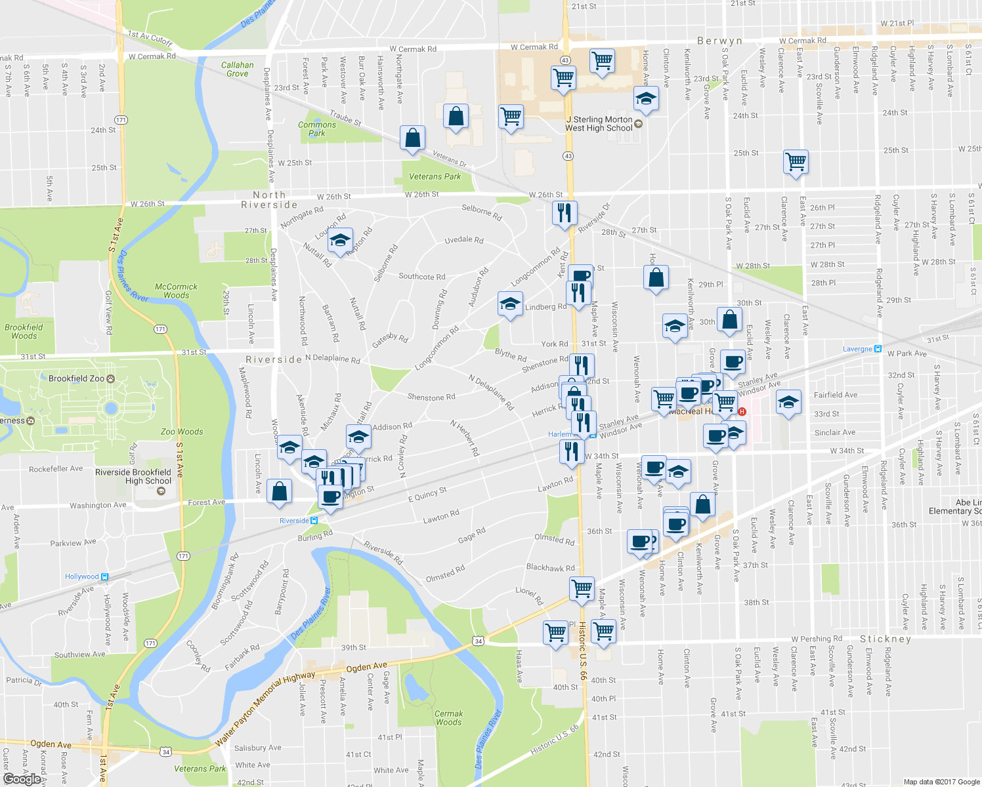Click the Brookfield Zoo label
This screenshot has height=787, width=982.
coord(77,378)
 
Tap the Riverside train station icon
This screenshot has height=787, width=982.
coord(314,521)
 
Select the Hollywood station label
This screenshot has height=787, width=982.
coord(82,576)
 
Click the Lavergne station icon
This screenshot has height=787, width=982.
coord(878,349)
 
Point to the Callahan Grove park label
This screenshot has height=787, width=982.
coord(237,70)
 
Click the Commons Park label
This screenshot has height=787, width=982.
coord(316,129)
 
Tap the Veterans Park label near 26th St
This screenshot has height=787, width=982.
coord(435,176)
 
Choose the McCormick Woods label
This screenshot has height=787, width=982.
coord(176,291)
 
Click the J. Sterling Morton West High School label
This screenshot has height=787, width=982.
coord(599,124)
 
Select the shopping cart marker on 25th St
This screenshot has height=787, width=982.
coord(796,161)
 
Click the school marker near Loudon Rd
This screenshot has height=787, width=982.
coord(340,241)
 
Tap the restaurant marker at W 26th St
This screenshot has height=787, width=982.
coord(565,213)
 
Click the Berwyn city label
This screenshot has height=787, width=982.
coord(719,41)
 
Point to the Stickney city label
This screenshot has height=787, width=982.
coord(886,639)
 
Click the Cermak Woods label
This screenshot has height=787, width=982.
coord(448,717)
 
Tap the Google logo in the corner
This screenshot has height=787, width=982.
coord(22,778)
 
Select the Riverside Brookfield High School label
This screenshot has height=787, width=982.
coord(133,476)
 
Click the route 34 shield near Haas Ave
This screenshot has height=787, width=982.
coord(478,641)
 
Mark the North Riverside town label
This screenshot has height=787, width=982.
coord(269,200)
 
